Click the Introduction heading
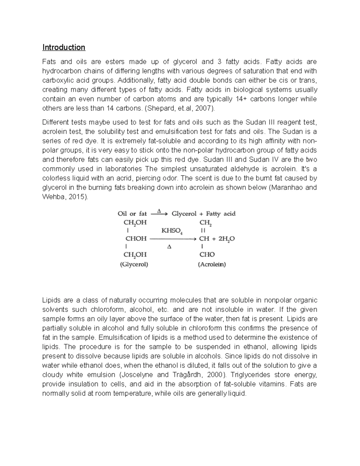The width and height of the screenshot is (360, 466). click(64, 47)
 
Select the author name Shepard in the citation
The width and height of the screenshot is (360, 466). click(159, 108)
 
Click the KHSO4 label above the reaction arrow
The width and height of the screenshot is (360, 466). click(171, 230)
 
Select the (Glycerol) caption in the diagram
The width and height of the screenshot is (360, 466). click(134, 265)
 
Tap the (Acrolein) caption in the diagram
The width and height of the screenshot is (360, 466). click(212, 265)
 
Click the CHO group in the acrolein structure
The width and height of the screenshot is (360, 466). click(207, 254)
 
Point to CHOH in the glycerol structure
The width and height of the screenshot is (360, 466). click(136, 239)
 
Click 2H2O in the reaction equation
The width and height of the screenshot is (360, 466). click(226, 239)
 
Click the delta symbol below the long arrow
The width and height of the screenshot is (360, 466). click(169, 247)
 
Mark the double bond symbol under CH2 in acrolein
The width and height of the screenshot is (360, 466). click(203, 230)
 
